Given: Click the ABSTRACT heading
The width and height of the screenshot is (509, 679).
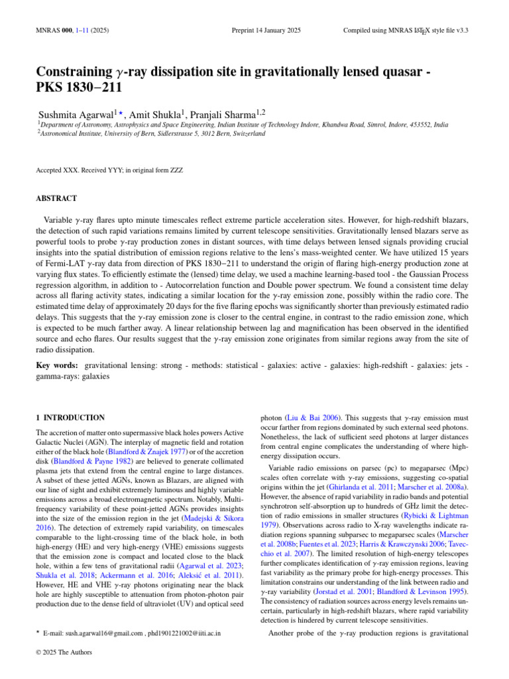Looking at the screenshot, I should [57, 198].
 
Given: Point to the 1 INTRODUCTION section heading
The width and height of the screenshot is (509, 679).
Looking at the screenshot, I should [70, 418].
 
